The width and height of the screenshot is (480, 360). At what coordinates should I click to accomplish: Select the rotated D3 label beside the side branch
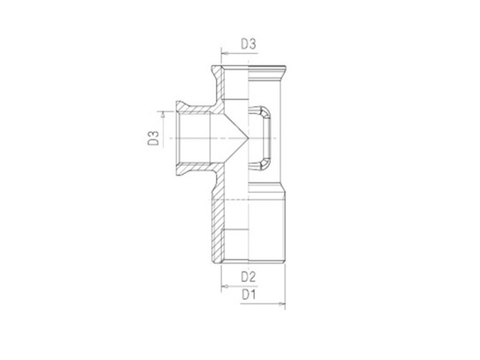click(x=153, y=137)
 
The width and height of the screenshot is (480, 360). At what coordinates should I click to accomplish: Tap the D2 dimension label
click(x=248, y=276)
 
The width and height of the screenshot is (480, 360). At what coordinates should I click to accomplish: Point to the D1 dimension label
click(x=248, y=295)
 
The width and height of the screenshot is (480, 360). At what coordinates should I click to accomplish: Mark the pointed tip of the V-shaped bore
click(x=249, y=136)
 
